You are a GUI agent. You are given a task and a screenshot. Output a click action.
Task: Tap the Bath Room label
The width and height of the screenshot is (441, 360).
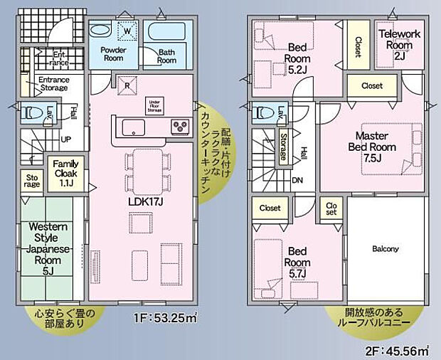(166, 56)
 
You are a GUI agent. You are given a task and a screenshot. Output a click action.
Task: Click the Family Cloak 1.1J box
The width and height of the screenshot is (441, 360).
(66, 174)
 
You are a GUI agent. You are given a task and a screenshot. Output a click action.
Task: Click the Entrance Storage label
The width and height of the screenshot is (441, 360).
(53, 85)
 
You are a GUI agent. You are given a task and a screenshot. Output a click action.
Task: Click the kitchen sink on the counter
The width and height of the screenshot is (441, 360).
(134, 128)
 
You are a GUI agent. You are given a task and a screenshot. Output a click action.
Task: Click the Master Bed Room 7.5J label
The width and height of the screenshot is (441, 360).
(379, 146)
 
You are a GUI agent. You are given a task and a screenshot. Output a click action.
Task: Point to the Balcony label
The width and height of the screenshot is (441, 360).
(386, 249)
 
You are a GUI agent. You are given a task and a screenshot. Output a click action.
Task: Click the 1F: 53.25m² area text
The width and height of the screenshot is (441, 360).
(164, 319)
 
